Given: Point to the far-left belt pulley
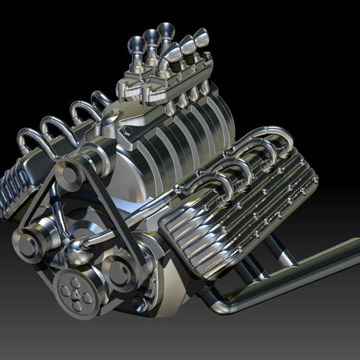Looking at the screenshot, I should point(30,243).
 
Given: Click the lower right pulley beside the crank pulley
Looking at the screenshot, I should point(119,273).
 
